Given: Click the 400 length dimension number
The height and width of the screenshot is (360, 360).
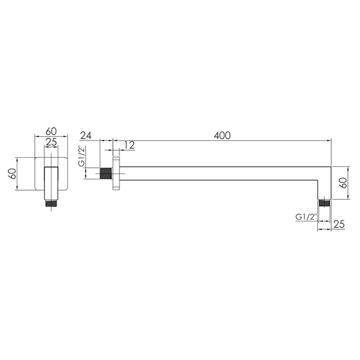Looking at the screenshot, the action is tap(222, 136).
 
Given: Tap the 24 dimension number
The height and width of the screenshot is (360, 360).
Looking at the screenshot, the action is tap(85, 136).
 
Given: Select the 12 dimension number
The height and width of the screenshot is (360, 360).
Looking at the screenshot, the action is tap(130, 145).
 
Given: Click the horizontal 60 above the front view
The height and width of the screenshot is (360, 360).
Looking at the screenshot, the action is tap(51, 131).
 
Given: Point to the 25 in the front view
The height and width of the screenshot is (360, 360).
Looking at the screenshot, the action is tap(51, 142).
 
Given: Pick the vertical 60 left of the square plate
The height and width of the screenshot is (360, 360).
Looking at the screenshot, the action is tap(13, 173).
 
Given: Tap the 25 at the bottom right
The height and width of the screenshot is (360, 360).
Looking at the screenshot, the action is tap(339, 224).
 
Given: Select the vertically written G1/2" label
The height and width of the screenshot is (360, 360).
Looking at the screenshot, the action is tap(82, 156).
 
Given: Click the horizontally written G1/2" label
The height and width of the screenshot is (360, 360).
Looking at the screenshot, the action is tap(306, 217).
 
